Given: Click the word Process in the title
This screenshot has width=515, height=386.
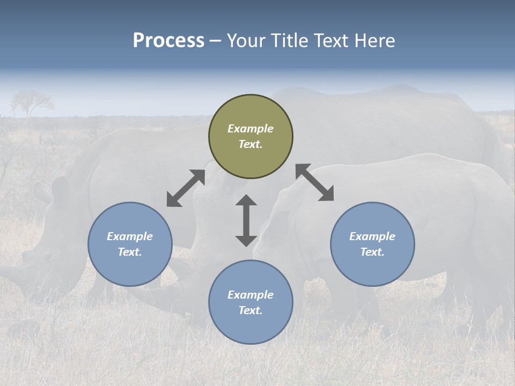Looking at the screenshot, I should [x=168, y=41].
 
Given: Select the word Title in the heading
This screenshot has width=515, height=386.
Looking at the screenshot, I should [x=289, y=41].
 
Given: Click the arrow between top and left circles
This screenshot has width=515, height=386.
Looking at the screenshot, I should [x=186, y=188].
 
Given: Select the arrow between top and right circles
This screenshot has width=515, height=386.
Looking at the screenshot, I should [x=314, y=183].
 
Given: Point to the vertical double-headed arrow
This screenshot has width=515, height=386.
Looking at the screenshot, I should [x=246, y=220].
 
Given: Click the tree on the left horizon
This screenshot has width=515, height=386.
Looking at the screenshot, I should [x=32, y=101].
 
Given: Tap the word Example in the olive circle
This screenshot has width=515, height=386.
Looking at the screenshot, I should [x=251, y=129].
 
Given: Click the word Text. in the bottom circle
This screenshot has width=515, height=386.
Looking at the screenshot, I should [x=251, y=310].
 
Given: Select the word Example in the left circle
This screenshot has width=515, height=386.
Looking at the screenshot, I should [x=130, y=236].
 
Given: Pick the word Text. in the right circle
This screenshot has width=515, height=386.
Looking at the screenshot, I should [x=372, y=252].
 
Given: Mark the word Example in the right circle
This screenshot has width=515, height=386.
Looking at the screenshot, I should [x=372, y=236].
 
